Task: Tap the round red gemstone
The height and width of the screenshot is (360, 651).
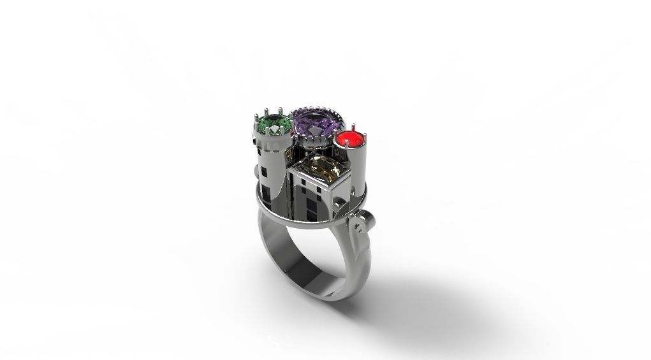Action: pyautogui.click(x=349, y=138)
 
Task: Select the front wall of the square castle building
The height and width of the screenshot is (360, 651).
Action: pyautogui.click(x=309, y=198)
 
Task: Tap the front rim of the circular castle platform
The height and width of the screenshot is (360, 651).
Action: pyautogui.click(x=300, y=223)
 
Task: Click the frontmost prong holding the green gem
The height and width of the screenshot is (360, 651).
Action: pyautogui.click(x=275, y=136)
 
